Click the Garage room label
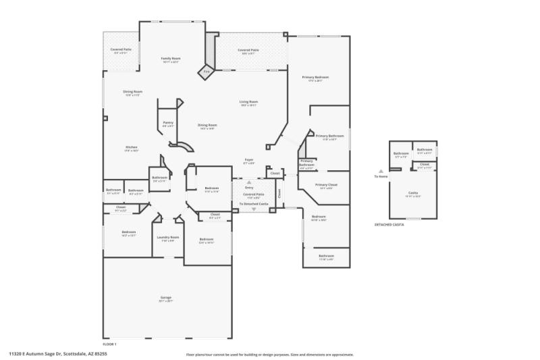pos(166,297)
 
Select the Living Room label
pos(248,102)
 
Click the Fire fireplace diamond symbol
pos(207,72)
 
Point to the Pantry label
pos(168,122)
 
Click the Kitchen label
pos(132,147)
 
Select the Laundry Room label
pos(167,237)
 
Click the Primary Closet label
pos(326,184)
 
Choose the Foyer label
pos(249,160)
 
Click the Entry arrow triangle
pos(249,182)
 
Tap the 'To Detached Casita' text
pos(254,203)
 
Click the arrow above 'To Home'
pos(381,171)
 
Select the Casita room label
pos(412,192)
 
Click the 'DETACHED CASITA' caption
pos(389,224)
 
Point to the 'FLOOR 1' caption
pos(109,344)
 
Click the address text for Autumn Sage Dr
pos(58,353)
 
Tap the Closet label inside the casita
pos(425,164)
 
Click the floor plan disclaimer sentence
pos(269,354)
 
